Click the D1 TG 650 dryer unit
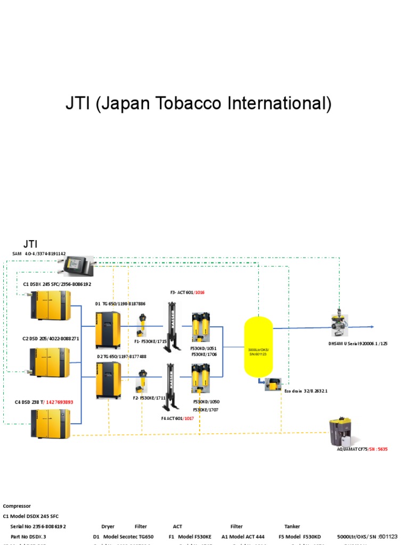pyautogui.click(x=108, y=330)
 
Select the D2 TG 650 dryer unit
pyautogui.click(x=108, y=380)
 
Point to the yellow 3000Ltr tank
pyautogui.click(x=258, y=346)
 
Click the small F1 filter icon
pyautogui.click(x=143, y=325)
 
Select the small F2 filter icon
pyautogui.click(x=143, y=380)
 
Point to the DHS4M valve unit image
pyautogui.click(x=339, y=323)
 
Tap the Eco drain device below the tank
pyautogui.click(x=273, y=384)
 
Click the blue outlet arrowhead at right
pyautogui.click(x=371, y=327)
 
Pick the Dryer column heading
pyautogui.click(x=108, y=526)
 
